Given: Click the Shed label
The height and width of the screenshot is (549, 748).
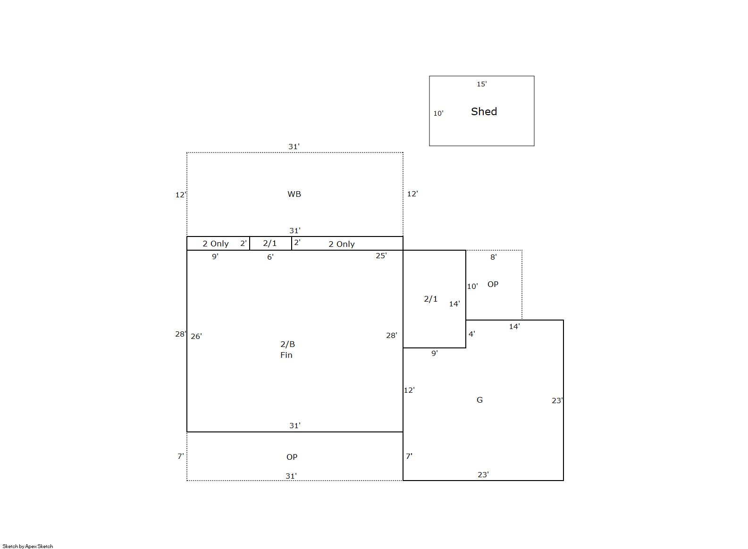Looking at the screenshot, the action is click(484, 111).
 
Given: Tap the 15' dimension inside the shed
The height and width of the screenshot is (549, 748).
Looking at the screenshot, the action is click(481, 84).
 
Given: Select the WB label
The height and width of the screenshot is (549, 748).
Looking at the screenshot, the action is click(294, 194).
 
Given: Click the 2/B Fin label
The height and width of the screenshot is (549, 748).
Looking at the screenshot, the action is click(287, 349).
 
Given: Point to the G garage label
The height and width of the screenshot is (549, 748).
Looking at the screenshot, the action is click(479, 400).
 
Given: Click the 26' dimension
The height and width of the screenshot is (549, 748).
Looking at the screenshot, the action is click(196, 336).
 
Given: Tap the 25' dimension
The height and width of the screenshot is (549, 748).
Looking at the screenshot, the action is click(381, 255).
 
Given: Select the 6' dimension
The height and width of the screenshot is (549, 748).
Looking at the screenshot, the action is click(270, 257).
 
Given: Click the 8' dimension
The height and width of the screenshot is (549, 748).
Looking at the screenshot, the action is click(493, 257).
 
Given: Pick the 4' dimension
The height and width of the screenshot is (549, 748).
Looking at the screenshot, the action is click(471, 334).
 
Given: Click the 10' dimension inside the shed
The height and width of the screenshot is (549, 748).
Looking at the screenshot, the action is click(438, 113).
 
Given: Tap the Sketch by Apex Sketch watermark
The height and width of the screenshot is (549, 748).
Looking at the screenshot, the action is click(28, 546).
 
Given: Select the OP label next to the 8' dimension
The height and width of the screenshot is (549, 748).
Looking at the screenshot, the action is click(493, 284).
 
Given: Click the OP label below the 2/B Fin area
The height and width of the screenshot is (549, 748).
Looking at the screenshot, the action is click(292, 457).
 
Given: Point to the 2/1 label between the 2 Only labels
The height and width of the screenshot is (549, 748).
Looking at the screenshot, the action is click(270, 243).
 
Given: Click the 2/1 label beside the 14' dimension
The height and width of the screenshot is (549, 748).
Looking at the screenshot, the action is click(430, 299).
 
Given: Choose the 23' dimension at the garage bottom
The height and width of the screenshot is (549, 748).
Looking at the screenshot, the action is click(483, 474).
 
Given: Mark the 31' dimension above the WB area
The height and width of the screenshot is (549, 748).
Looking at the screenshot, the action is click(294, 146).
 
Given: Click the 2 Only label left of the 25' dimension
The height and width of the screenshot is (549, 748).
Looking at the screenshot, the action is click(341, 244).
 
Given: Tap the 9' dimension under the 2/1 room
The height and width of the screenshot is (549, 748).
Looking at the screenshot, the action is click(435, 353).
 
